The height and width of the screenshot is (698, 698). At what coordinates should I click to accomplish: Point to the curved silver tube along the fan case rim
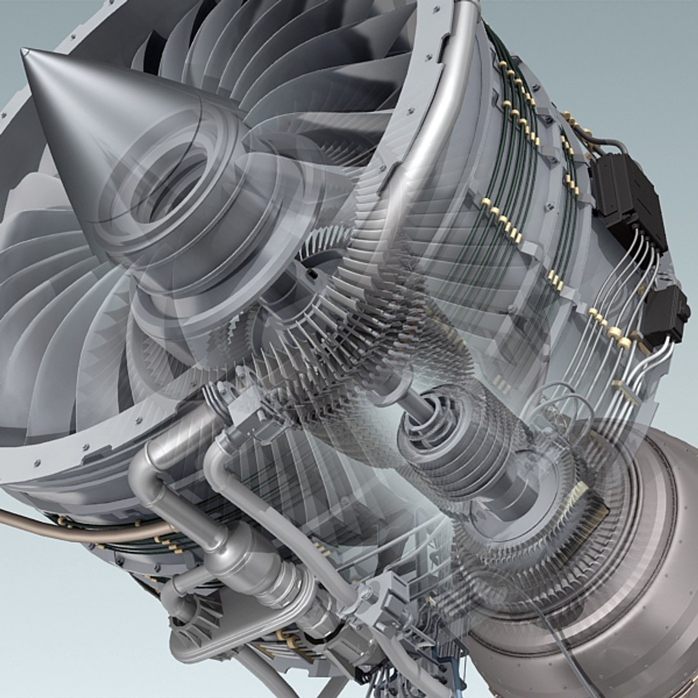446,110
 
